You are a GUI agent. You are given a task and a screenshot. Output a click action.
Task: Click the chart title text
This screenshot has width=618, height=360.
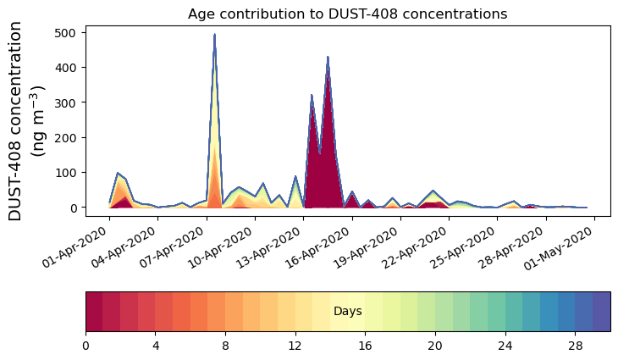click(x=347, y=14)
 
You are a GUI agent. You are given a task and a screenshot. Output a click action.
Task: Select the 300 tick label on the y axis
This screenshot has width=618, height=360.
click(x=67, y=102)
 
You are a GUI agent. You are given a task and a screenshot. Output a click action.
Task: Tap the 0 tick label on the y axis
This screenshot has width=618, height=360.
click(x=74, y=208)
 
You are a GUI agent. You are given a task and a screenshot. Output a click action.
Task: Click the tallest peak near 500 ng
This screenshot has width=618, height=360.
click(x=215, y=36)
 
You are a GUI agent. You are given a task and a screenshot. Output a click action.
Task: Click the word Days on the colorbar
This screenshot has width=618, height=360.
click(x=348, y=312)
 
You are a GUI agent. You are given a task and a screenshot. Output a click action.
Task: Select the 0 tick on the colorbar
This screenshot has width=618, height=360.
click(x=86, y=346)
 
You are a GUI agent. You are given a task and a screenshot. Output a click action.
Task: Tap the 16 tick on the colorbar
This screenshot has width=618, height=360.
click(x=366, y=346)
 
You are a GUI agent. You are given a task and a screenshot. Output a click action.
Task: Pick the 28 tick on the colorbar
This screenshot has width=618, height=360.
click(x=576, y=346)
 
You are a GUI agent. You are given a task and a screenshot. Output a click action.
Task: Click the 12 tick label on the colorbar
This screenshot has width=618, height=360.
click(x=295, y=346)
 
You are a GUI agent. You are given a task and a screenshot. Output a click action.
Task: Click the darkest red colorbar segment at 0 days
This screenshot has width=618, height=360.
click(x=94, y=312)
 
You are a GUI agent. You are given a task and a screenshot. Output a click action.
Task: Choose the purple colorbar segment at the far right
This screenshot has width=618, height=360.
click(x=601, y=312)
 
